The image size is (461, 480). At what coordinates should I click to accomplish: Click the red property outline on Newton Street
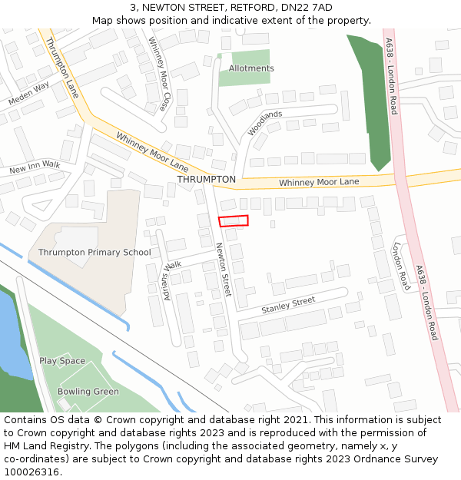(234, 221)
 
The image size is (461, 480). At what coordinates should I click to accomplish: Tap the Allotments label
(251, 68)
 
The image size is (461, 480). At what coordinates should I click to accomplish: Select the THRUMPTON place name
(207, 179)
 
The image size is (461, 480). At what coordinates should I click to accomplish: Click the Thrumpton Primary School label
(95, 252)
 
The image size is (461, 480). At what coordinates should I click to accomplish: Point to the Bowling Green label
(88, 392)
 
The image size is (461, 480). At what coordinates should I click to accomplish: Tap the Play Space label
(62, 361)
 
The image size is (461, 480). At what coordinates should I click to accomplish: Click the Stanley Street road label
(288, 305)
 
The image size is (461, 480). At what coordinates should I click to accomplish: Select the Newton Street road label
(224, 270)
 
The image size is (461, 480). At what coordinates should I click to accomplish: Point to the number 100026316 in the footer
(32, 472)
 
